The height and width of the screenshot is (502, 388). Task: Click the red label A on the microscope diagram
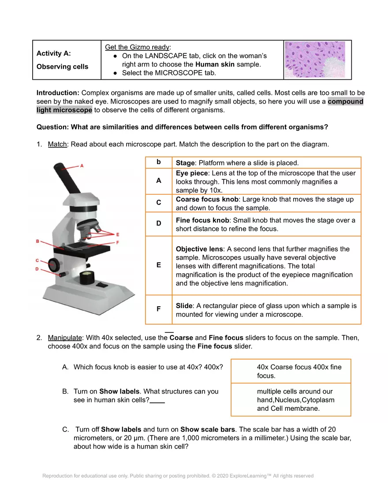(82, 166)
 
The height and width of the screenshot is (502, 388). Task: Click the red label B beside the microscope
(38, 241)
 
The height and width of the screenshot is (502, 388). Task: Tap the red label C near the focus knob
(38, 261)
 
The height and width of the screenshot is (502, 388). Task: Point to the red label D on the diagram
(38, 268)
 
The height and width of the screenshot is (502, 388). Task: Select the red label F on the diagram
(117, 242)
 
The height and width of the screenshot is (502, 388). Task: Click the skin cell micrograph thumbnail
(315, 59)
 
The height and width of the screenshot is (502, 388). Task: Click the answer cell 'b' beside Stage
(158, 162)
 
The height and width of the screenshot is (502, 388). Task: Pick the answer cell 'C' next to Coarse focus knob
(158, 203)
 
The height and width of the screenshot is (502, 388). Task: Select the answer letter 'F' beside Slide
(158, 309)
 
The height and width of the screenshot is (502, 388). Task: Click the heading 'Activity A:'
(53, 53)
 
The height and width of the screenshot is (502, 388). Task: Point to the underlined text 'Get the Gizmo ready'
(137, 47)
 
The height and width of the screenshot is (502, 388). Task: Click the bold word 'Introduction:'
(58, 93)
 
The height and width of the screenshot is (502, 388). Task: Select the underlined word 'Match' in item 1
(57, 144)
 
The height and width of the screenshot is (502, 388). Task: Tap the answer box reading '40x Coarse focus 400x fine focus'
(291, 371)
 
